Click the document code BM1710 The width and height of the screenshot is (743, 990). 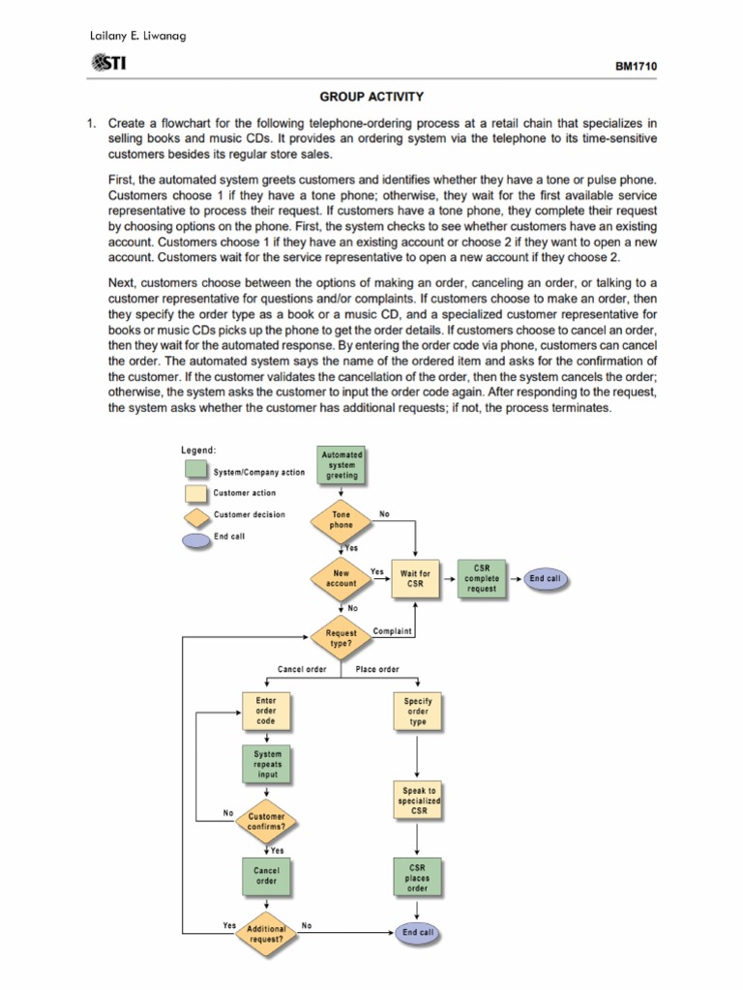coord(636,67)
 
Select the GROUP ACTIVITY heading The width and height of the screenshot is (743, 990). coord(371,97)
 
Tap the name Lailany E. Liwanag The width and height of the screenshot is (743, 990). coord(137,36)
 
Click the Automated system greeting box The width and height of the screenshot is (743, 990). coord(342,465)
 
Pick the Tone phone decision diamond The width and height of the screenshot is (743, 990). coord(342,520)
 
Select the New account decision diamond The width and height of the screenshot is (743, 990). coord(341,578)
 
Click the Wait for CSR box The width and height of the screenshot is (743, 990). coord(415,578)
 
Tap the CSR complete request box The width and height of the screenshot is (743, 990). coord(482,578)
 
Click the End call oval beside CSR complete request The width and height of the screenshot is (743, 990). coord(545,578)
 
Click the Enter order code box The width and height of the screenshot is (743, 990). coord(266,711)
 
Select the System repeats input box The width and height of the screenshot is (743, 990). coord(268,764)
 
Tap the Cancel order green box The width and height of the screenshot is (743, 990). coord(266,876)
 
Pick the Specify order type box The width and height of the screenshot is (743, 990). coord(418,711)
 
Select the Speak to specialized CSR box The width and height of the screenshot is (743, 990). coord(419,801)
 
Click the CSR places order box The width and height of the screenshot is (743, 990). coord(418,878)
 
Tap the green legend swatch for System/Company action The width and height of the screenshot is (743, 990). coord(195,470)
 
